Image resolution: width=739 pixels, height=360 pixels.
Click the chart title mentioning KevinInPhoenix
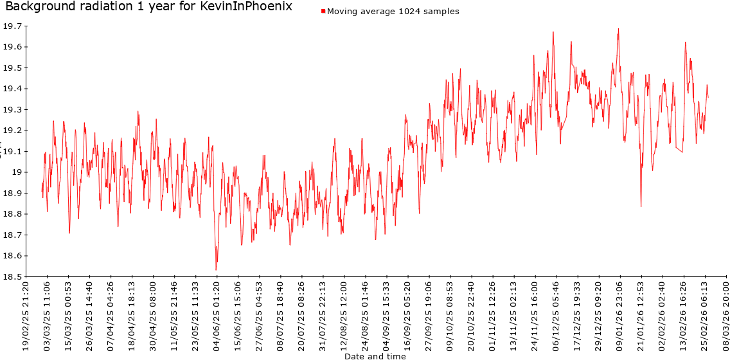148,7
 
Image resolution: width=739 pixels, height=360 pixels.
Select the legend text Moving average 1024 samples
393,12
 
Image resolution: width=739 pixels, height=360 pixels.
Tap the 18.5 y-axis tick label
13,277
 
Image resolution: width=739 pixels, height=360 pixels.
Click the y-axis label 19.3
13,110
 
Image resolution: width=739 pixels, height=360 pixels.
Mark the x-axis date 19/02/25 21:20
26,315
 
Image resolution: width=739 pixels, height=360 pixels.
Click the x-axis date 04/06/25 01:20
217,315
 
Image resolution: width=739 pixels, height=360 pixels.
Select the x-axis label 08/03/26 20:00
726,315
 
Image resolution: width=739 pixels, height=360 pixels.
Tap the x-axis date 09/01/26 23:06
619,315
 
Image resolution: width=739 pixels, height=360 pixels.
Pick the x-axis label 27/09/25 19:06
429,315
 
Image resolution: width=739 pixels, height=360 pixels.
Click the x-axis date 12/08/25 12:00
344,315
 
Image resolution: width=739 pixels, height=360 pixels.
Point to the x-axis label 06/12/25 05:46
556,315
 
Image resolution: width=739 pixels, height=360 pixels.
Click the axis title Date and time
375,355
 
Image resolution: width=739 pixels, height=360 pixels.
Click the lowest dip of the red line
216,270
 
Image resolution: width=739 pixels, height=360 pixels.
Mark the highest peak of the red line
618,29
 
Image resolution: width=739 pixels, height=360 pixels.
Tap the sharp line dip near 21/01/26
641,206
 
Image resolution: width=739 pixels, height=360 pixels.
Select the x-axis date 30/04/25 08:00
153,315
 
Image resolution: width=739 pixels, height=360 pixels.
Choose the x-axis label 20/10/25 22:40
471,315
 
